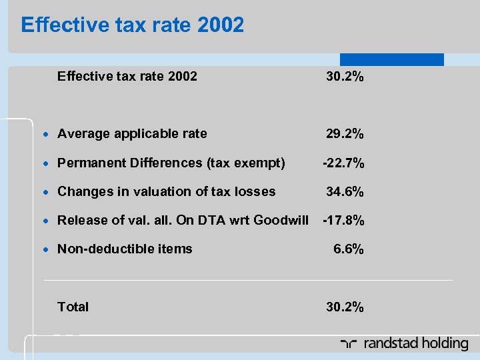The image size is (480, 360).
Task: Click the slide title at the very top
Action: pos(133,25)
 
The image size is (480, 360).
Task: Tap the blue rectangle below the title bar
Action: pos(391,59)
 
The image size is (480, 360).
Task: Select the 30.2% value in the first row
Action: pos(345,77)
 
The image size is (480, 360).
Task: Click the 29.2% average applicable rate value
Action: pos(345,134)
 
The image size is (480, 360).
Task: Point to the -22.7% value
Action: pos(343,163)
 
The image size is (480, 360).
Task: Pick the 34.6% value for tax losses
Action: pos(345,192)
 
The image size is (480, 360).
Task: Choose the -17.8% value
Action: pos(343,221)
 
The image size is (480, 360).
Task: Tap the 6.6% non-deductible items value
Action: pos(349,249)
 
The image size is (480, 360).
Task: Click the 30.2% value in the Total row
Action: pos(345,307)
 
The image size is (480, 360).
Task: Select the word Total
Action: pos(73,307)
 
